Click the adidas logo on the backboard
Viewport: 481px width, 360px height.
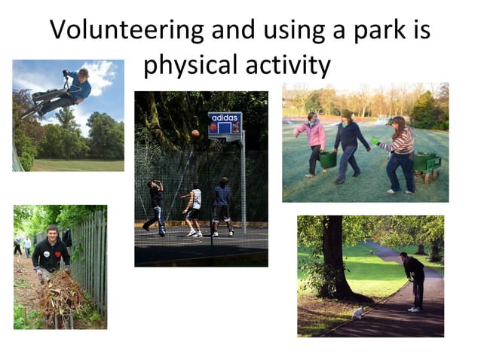[x=225, y=118]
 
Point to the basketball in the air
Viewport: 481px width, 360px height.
[x=195, y=133]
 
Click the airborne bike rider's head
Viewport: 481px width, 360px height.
[x=83, y=73]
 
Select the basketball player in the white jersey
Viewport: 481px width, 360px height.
[x=194, y=208]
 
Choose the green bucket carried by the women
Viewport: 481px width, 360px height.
[x=328, y=159]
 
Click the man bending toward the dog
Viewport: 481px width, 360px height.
[x=414, y=279]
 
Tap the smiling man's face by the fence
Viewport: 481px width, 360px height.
[x=52, y=233]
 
